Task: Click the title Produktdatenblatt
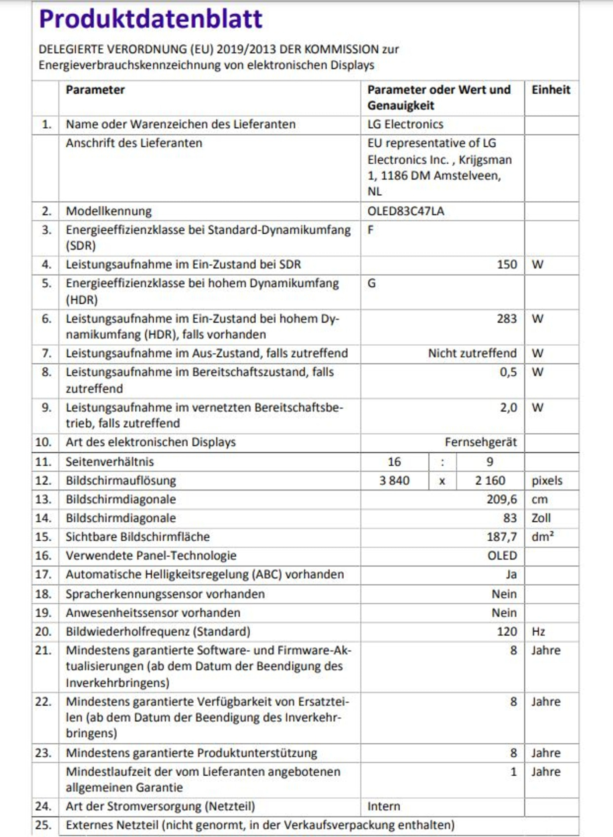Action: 151,19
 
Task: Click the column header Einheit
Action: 550,90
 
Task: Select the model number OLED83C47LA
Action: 405,211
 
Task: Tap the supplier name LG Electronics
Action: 405,124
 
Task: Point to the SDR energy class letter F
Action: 370,230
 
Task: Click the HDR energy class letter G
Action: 371,283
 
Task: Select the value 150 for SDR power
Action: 507,264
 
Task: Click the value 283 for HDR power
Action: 507,319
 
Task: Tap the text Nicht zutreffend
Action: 472,353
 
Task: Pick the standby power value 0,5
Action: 508,372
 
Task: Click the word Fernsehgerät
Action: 480,442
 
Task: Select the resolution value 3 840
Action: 394,481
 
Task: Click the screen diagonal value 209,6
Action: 501,499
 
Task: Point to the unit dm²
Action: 543,537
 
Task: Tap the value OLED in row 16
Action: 502,556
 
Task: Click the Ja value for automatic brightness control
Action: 511,574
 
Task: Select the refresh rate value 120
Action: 507,632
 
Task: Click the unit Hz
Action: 538,632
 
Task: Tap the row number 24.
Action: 43,806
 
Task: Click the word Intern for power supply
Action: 384,806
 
